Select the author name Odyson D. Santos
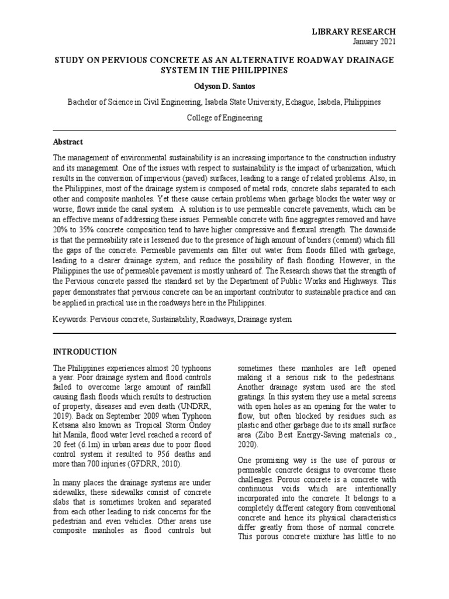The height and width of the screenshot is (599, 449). pos(224,85)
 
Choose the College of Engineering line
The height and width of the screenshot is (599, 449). pos(224,118)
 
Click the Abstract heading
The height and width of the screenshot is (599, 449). pos(68,142)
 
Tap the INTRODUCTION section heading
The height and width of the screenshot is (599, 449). pos(85,352)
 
